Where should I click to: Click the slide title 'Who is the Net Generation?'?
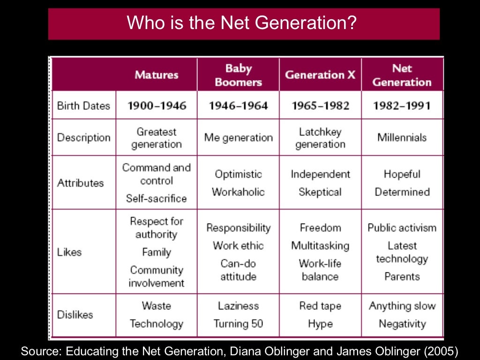pyautogui.click(x=244, y=23)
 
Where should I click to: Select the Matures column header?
pyautogui.click(x=157, y=75)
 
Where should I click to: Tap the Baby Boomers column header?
pyautogui.click(x=238, y=75)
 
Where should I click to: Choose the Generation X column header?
pyautogui.click(x=320, y=75)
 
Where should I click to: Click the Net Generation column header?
pyautogui.click(x=402, y=75)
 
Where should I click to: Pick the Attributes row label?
pyautogui.click(x=80, y=183)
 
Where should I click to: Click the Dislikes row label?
pyautogui.click(x=75, y=315)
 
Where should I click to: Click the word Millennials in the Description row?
pyautogui.click(x=402, y=137)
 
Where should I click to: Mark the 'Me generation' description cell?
pyautogui.click(x=238, y=137)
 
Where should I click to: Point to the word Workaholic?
pyautogui.click(x=238, y=192)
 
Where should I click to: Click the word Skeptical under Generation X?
pyautogui.click(x=320, y=192)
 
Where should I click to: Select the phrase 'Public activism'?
pyautogui.click(x=402, y=228)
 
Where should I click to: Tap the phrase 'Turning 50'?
pyautogui.click(x=238, y=323)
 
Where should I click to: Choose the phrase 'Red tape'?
pyautogui.click(x=320, y=306)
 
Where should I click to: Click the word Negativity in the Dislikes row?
pyautogui.click(x=402, y=323)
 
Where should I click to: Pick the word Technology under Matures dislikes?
pyautogui.click(x=157, y=323)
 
